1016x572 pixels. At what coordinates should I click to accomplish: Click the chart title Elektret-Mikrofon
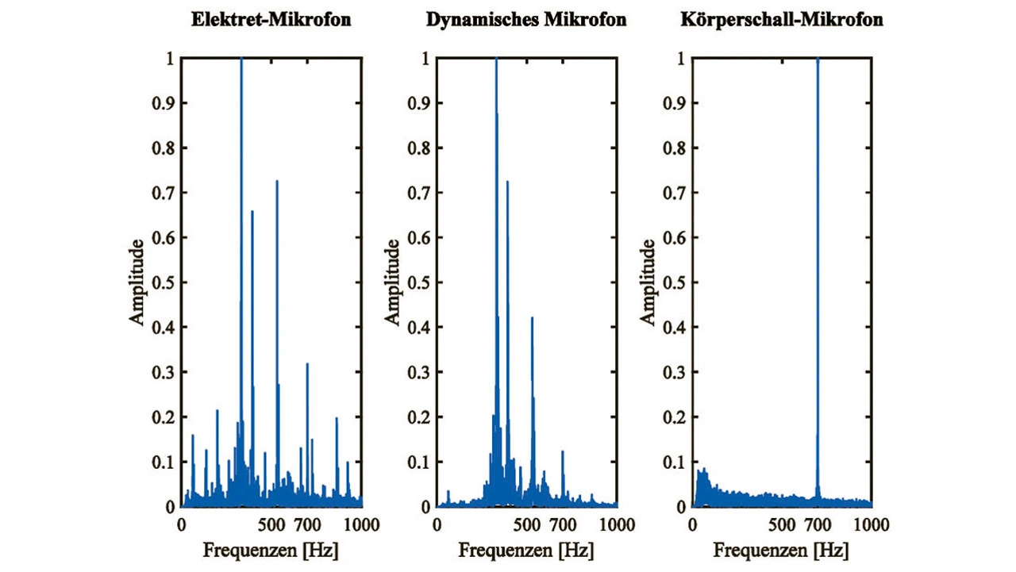(271, 20)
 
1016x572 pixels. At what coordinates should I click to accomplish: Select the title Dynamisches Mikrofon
(526, 20)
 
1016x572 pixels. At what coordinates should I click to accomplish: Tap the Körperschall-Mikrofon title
(782, 20)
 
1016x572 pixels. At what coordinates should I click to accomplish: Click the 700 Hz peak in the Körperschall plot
(818, 63)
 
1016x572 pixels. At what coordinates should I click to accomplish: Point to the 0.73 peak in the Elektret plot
(277, 182)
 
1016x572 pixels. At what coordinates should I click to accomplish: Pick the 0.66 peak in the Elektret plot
(252, 211)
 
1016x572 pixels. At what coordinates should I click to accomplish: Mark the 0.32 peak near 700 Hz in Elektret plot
(307, 364)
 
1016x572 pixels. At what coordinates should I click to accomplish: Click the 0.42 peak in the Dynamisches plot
(532, 318)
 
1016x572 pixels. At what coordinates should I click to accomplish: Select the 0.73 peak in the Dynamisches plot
(507, 182)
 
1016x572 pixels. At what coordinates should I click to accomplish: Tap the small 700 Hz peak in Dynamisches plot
(563, 452)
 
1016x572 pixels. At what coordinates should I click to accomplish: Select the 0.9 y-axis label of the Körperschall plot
(676, 103)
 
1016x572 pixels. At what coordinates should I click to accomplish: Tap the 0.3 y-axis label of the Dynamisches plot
(420, 372)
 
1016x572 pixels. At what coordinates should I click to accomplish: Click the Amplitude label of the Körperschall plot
(648, 282)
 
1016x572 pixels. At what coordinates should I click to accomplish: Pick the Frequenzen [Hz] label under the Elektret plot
(271, 550)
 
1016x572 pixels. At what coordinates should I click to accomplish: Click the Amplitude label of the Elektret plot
(137, 282)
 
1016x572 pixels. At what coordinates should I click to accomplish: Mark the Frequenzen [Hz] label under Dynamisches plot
(526, 550)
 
